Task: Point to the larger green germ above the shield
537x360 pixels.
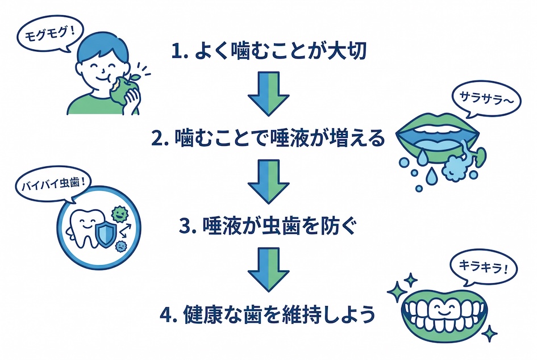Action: [120, 214]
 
